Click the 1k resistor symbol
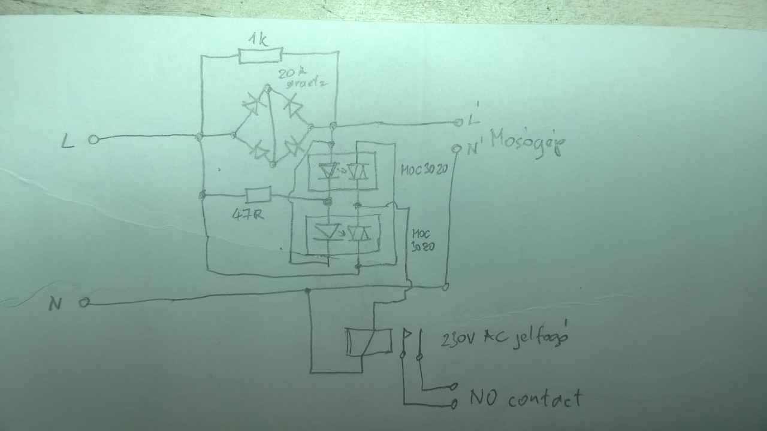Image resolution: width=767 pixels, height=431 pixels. (x=259, y=56)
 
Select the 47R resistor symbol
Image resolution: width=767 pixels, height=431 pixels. (x=258, y=194)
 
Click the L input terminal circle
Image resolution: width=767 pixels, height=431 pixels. (x=93, y=139)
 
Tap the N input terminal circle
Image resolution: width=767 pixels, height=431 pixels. (x=84, y=303)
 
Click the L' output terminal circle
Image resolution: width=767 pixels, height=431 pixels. (x=458, y=123)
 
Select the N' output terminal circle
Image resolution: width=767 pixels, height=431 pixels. (x=457, y=147)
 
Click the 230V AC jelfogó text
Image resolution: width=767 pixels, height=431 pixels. (x=504, y=339)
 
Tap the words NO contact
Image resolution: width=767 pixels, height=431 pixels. (x=526, y=397)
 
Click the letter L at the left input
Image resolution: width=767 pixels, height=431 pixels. (x=68, y=141)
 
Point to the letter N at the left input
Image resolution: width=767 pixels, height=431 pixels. (x=56, y=305)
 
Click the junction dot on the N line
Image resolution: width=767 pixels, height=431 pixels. (x=307, y=291)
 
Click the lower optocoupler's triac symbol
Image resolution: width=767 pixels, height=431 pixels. (x=360, y=233)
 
